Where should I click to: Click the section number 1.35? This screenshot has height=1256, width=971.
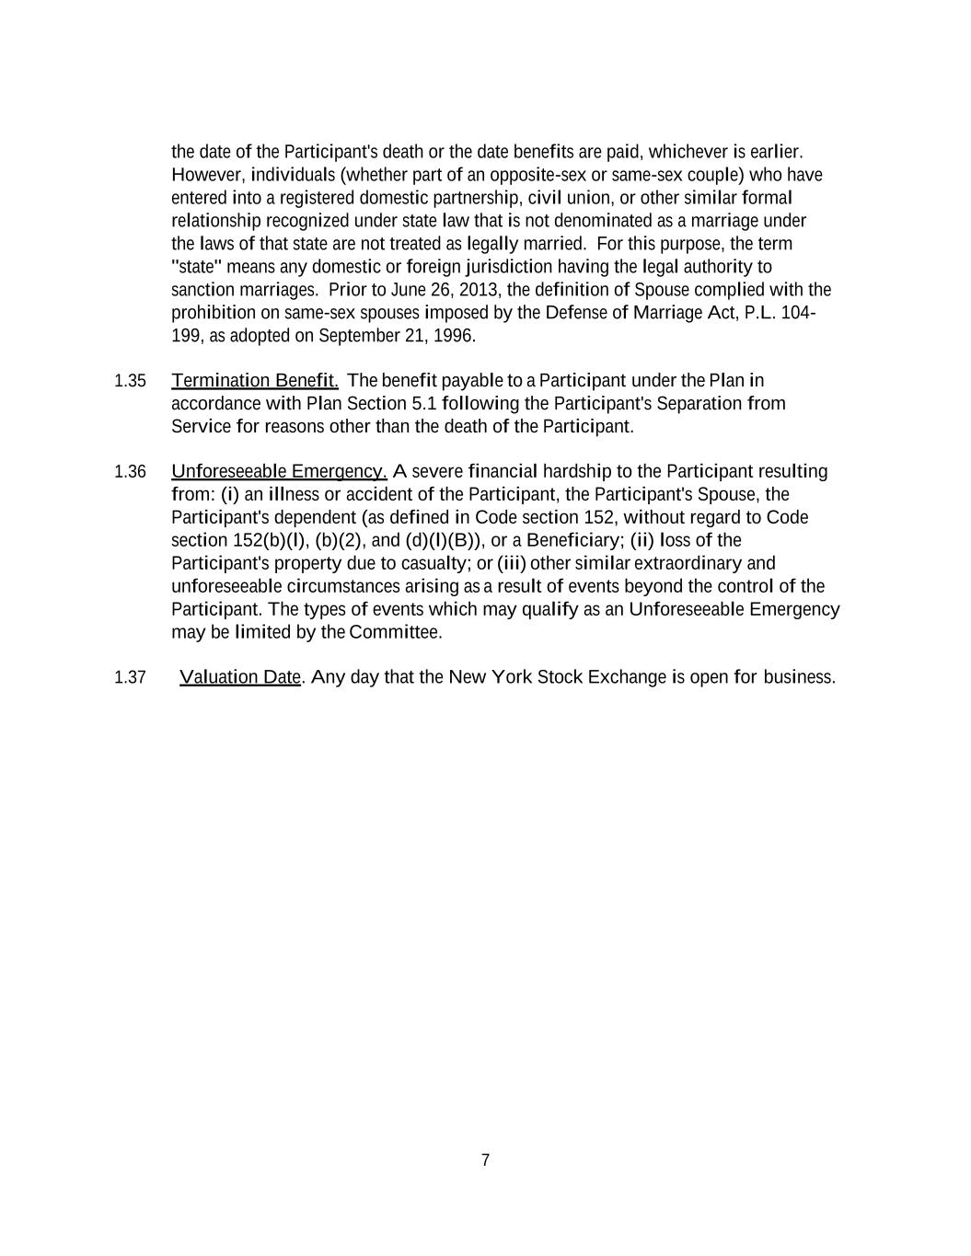130,381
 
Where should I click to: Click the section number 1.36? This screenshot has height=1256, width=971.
130,472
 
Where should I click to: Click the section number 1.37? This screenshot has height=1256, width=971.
130,678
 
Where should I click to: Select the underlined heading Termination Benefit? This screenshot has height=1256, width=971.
255,381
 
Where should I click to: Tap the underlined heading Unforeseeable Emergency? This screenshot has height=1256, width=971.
279,472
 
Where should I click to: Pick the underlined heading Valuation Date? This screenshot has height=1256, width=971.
240,677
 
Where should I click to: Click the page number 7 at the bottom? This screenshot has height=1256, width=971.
485,1160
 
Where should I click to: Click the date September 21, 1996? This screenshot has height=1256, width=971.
397,336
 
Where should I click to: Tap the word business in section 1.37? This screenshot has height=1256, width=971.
799,677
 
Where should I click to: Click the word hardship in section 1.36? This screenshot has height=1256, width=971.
577,472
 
